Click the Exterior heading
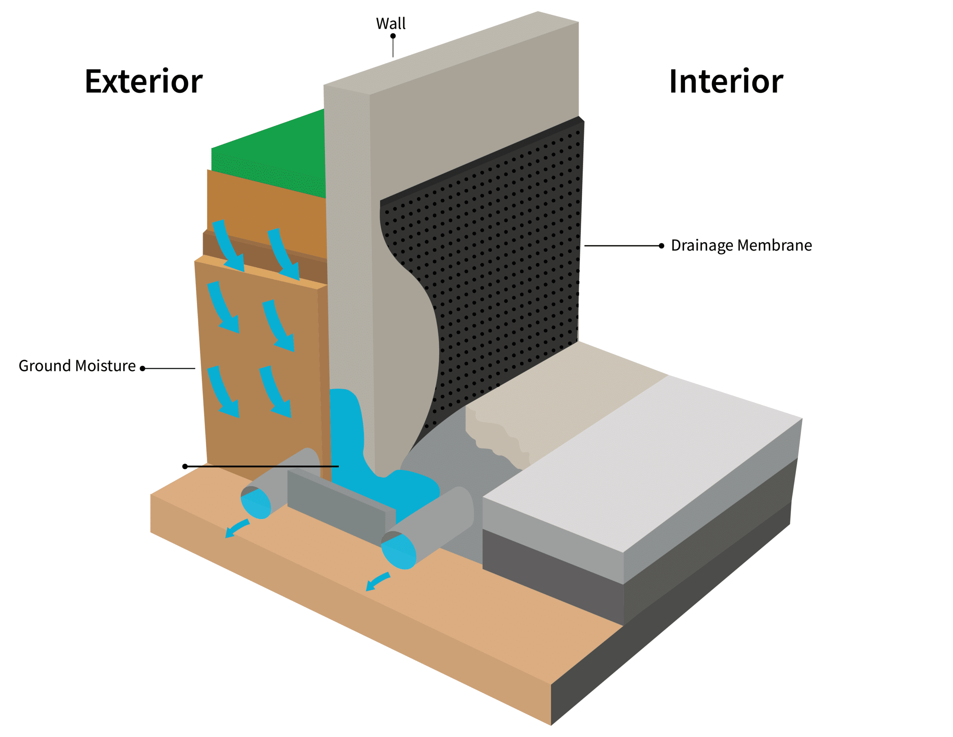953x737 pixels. (x=144, y=82)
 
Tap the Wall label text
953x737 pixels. (x=391, y=23)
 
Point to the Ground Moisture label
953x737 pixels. (x=77, y=366)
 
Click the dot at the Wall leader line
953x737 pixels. (x=393, y=36)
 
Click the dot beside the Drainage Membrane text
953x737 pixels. (x=661, y=246)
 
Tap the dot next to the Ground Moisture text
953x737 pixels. (x=142, y=369)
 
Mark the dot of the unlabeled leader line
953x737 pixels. (x=185, y=466)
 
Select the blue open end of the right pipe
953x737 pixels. (x=398, y=552)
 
